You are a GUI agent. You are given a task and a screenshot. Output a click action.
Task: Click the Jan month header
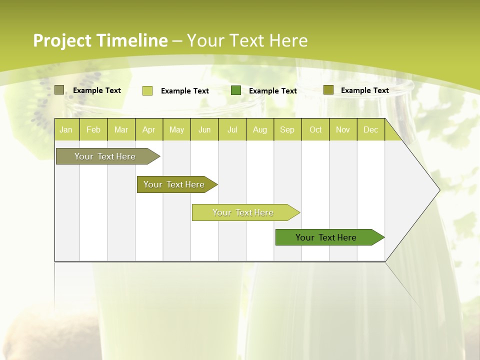click(x=66, y=129)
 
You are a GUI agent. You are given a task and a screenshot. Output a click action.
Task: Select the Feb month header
click(x=93, y=129)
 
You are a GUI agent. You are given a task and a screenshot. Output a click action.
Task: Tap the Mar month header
click(x=121, y=129)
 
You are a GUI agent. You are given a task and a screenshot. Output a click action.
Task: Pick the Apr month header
click(x=149, y=129)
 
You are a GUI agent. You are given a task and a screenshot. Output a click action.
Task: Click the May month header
click(x=176, y=129)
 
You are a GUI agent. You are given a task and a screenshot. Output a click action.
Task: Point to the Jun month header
click(x=204, y=129)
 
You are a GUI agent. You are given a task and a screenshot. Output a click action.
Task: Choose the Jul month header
click(x=232, y=129)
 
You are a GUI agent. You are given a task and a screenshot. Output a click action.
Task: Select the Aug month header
click(x=260, y=129)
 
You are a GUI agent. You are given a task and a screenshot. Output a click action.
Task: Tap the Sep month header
click(x=287, y=129)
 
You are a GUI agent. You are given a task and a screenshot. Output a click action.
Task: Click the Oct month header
click(x=315, y=129)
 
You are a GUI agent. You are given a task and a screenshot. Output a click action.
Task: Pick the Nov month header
click(x=343, y=129)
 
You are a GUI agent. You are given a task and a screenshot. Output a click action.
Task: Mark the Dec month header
click(x=371, y=129)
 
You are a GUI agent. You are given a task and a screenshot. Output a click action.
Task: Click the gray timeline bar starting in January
click(x=105, y=156)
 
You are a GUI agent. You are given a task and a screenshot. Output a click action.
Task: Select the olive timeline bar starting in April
click(x=174, y=184)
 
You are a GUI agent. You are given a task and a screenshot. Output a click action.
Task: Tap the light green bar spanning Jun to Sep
click(x=243, y=212)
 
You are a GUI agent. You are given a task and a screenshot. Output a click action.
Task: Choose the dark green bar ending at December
click(x=326, y=237)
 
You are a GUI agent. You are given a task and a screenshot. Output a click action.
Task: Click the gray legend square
click(x=59, y=90)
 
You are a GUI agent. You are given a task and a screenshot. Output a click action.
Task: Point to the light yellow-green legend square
click(x=147, y=90)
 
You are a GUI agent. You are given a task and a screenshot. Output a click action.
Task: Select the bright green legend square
click(x=236, y=90)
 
